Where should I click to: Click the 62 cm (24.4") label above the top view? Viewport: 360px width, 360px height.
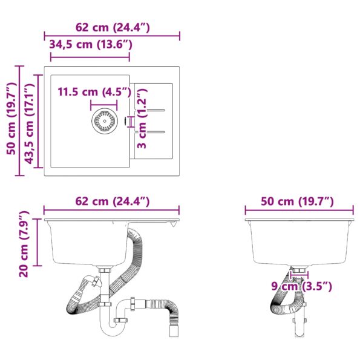pos(113,27)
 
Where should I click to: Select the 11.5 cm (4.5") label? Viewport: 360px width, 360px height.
pos(94,92)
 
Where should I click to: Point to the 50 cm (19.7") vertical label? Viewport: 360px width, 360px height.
pos(10,121)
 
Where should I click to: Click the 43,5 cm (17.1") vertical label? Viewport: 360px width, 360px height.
pos(28,125)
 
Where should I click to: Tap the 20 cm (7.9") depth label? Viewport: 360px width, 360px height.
pos(24,244)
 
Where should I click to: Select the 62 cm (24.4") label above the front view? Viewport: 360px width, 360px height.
pos(113,201)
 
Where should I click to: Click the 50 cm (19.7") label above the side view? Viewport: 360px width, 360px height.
pos(298,201)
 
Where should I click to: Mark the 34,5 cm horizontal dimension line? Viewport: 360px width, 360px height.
pos(90,58)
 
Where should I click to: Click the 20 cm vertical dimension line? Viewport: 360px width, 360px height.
pos(37,242)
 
